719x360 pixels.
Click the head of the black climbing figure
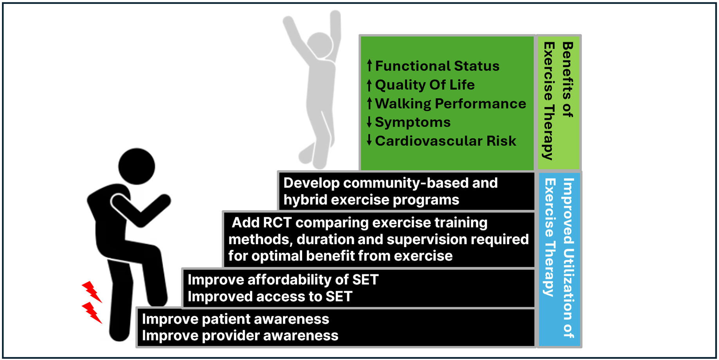(137, 166)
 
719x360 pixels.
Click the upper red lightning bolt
(92, 292)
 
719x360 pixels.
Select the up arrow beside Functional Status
(369, 65)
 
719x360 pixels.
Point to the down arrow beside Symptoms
(369, 122)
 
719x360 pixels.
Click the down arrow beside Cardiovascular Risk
(369, 140)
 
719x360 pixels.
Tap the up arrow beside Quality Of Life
(369, 85)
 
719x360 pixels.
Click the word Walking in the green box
(403, 104)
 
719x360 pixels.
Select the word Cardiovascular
(429, 141)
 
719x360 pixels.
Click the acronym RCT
(277, 222)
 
